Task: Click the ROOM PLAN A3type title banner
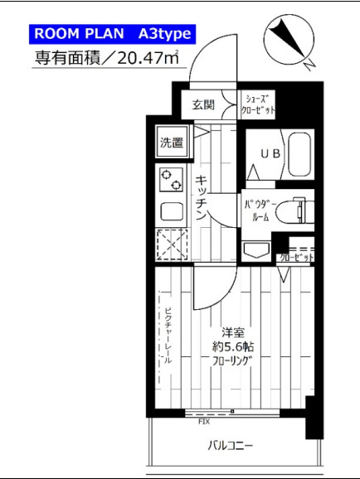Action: pyautogui.click(x=112, y=34)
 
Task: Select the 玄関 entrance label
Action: pyautogui.click(x=203, y=104)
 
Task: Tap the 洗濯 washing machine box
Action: pyautogui.click(x=172, y=141)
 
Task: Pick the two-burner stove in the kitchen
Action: pyautogui.click(x=172, y=177)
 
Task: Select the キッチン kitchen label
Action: pyautogui.click(x=202, y=197)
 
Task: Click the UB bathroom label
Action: pyautogui.click(x=270, y=153)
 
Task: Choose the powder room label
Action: pyautogui.click(x=255, y=209)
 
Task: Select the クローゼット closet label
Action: pyautogui.click(x=295, y=258)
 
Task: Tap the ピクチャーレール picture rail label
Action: pyautogui.click(x=167, y=336)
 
